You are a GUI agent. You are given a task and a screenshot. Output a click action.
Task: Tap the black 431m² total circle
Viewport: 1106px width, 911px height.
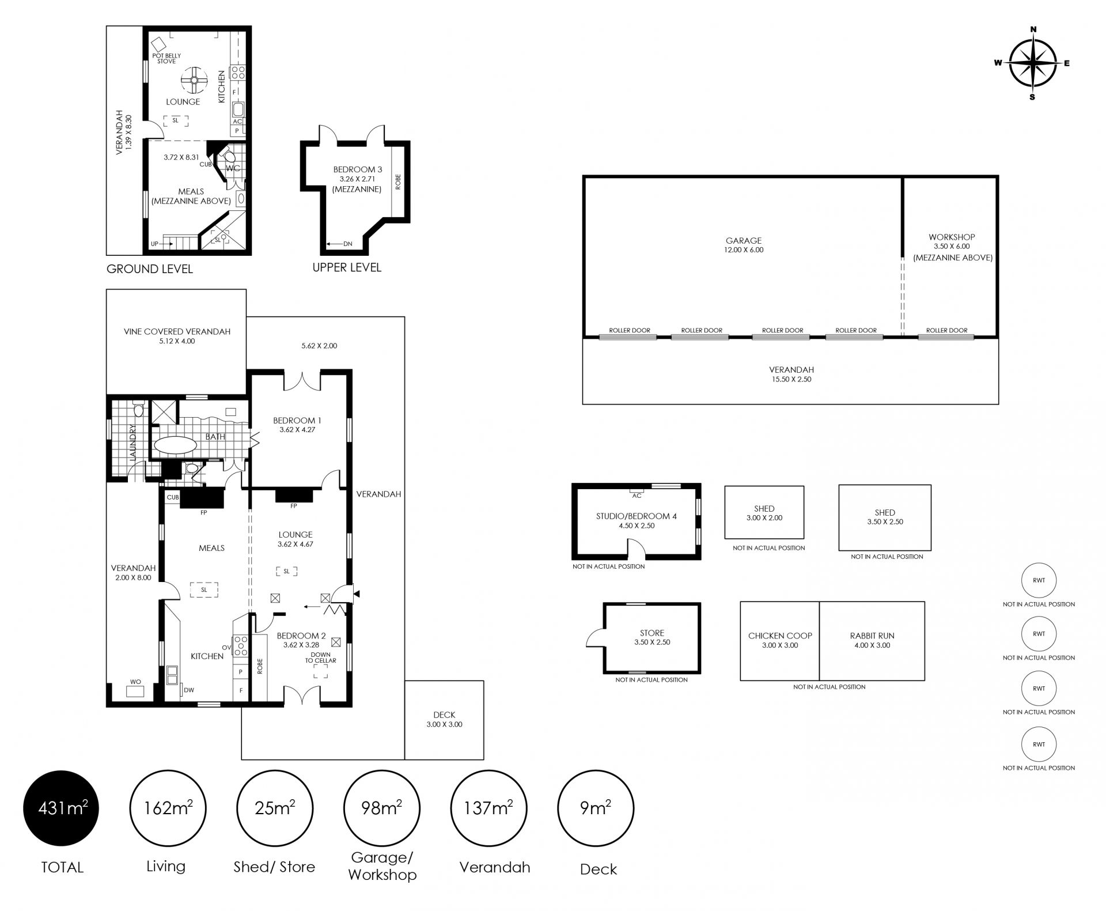coord(61,808)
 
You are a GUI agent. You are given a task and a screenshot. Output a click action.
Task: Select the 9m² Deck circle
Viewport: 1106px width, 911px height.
coord(596,808)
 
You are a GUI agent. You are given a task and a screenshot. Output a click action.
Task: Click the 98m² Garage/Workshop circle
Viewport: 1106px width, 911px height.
coord(382,808)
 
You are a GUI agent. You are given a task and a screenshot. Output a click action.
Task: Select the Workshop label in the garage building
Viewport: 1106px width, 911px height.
coord(952,237)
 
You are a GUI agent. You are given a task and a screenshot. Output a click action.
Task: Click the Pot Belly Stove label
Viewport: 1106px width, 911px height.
coord(166,58)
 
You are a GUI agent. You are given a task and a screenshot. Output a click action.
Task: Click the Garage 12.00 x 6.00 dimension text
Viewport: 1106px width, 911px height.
coord(744,250)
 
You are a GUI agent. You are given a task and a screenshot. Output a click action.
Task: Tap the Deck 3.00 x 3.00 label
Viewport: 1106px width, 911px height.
coord(444,719)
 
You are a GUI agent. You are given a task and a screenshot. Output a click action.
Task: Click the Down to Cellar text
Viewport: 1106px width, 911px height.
coord(321,657)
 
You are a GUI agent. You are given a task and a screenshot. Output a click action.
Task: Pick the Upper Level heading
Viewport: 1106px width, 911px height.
coord(347,267)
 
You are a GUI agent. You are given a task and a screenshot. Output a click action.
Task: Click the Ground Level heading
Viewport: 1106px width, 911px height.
coord(150,269)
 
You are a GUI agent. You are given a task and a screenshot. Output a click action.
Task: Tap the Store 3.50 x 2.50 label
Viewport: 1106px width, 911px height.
coord(652,637)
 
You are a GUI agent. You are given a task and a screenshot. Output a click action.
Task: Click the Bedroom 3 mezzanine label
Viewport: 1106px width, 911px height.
coord(357,179)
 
